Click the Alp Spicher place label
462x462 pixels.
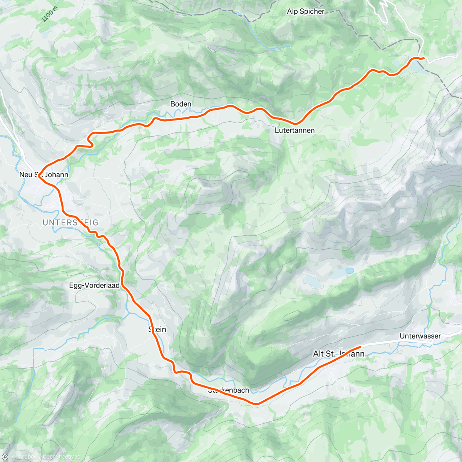coord(306,12)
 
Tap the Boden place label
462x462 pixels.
coord(181,104)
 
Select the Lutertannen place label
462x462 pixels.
coord(295,131)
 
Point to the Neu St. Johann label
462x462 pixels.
coord(44,175)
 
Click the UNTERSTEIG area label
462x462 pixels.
coord(70,223)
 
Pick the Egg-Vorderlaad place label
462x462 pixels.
coord(94,286)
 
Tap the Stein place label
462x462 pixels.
coord(157,329)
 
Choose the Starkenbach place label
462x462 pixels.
coord(229,390)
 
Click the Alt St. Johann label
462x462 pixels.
coord(339,353)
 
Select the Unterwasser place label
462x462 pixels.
coord(420,336)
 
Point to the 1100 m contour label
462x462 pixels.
coord(49,15)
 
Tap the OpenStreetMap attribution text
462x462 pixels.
coord(61,457)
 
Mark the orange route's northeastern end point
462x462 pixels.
coord(423,58)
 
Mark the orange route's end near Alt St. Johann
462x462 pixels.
coord(360,347)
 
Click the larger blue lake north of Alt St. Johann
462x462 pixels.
coord(313,282)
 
